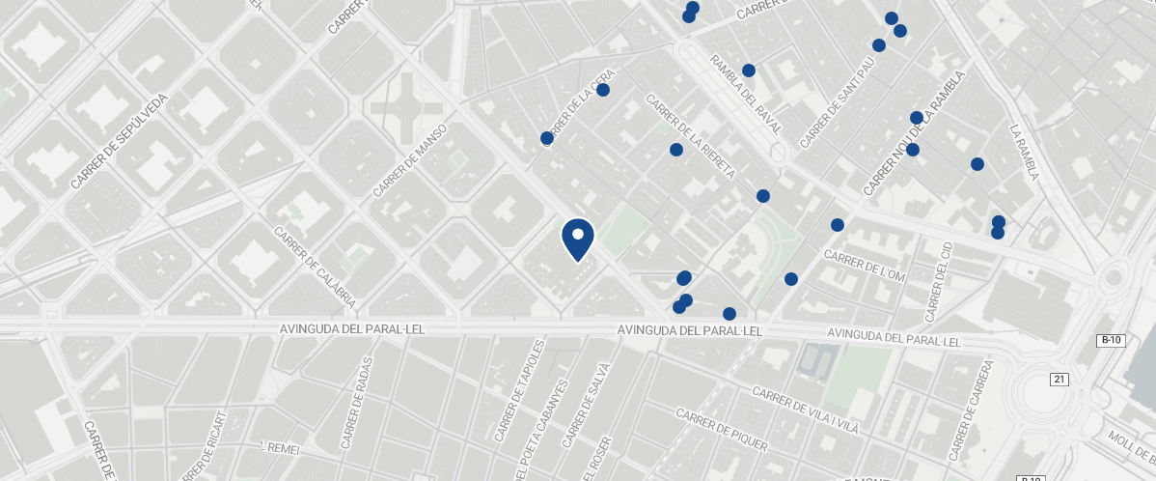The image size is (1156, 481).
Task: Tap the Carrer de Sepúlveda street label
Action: coord(120,141)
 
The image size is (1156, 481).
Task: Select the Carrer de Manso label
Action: coord(409,160)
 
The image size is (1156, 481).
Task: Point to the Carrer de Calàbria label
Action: coord(315,268)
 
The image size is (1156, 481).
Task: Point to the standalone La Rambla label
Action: coord(1024,153)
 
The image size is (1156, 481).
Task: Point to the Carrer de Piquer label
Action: coord(722,430)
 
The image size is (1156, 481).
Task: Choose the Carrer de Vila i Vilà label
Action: coord(805,406)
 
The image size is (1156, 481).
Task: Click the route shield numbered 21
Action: coord(1059,380)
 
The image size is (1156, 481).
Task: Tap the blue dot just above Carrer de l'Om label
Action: coord(838,225)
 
